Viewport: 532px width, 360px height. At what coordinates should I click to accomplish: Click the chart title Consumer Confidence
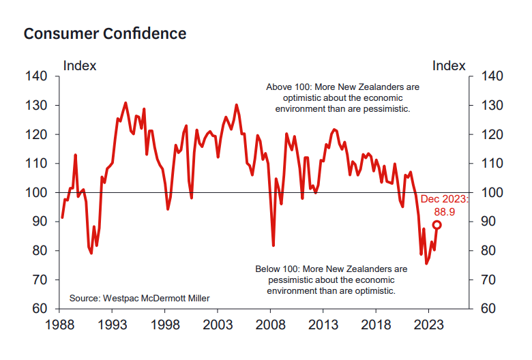[x=105, y=33]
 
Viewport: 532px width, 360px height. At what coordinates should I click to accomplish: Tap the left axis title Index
[x=80, y=66]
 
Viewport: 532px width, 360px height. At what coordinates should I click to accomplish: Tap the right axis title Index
[x=449, y=66]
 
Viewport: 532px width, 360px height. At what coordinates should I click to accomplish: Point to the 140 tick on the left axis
[x=37, y=77]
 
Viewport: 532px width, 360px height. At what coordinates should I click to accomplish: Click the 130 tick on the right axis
[x=491, y=106]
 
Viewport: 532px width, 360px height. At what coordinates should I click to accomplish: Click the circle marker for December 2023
[x=437, y=225]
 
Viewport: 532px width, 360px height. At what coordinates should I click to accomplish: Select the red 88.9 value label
[x=444, y=211]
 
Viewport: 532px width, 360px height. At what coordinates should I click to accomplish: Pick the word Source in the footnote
[x=85, y=298]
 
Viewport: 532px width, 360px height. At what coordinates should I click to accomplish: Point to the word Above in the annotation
[x=279, y=88]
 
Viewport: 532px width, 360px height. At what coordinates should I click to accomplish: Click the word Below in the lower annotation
[x=269, y=269]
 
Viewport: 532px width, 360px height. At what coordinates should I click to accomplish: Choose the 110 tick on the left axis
[x=37, y=164]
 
